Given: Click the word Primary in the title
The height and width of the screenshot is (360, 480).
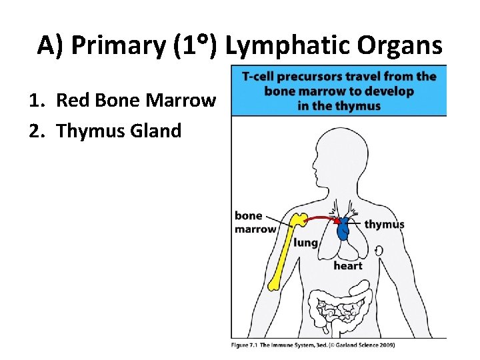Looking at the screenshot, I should click(x=117, y=46).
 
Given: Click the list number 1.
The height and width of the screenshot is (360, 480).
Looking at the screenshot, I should click(x=36, y=101).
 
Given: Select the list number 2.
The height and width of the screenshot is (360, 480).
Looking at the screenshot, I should click(x=36, y=131).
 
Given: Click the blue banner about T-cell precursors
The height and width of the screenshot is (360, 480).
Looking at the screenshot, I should click(x=339, y=91).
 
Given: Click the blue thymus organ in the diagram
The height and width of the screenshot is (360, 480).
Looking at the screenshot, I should click(x=343, y=229).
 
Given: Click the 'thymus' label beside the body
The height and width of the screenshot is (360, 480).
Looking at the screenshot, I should click(x=384, y=224).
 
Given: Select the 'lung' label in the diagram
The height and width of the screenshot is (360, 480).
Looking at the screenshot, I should click(x=305, y=243).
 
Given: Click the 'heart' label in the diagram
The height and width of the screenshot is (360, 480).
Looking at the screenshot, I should click(x=348, y=265).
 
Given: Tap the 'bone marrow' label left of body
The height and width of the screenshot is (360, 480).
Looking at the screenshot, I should click(x=255, y=223).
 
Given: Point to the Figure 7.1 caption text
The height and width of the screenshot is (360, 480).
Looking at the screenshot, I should click(x=313, y=345).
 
